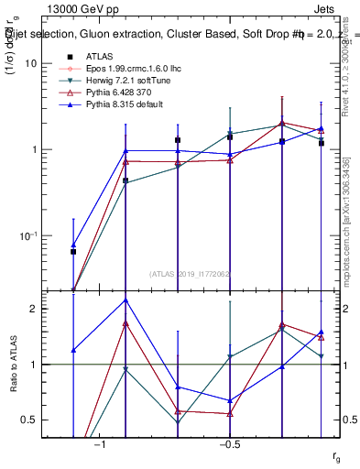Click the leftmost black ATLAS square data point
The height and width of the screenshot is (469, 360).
tap(73, 251)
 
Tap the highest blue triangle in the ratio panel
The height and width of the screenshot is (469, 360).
tap(125, 300)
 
